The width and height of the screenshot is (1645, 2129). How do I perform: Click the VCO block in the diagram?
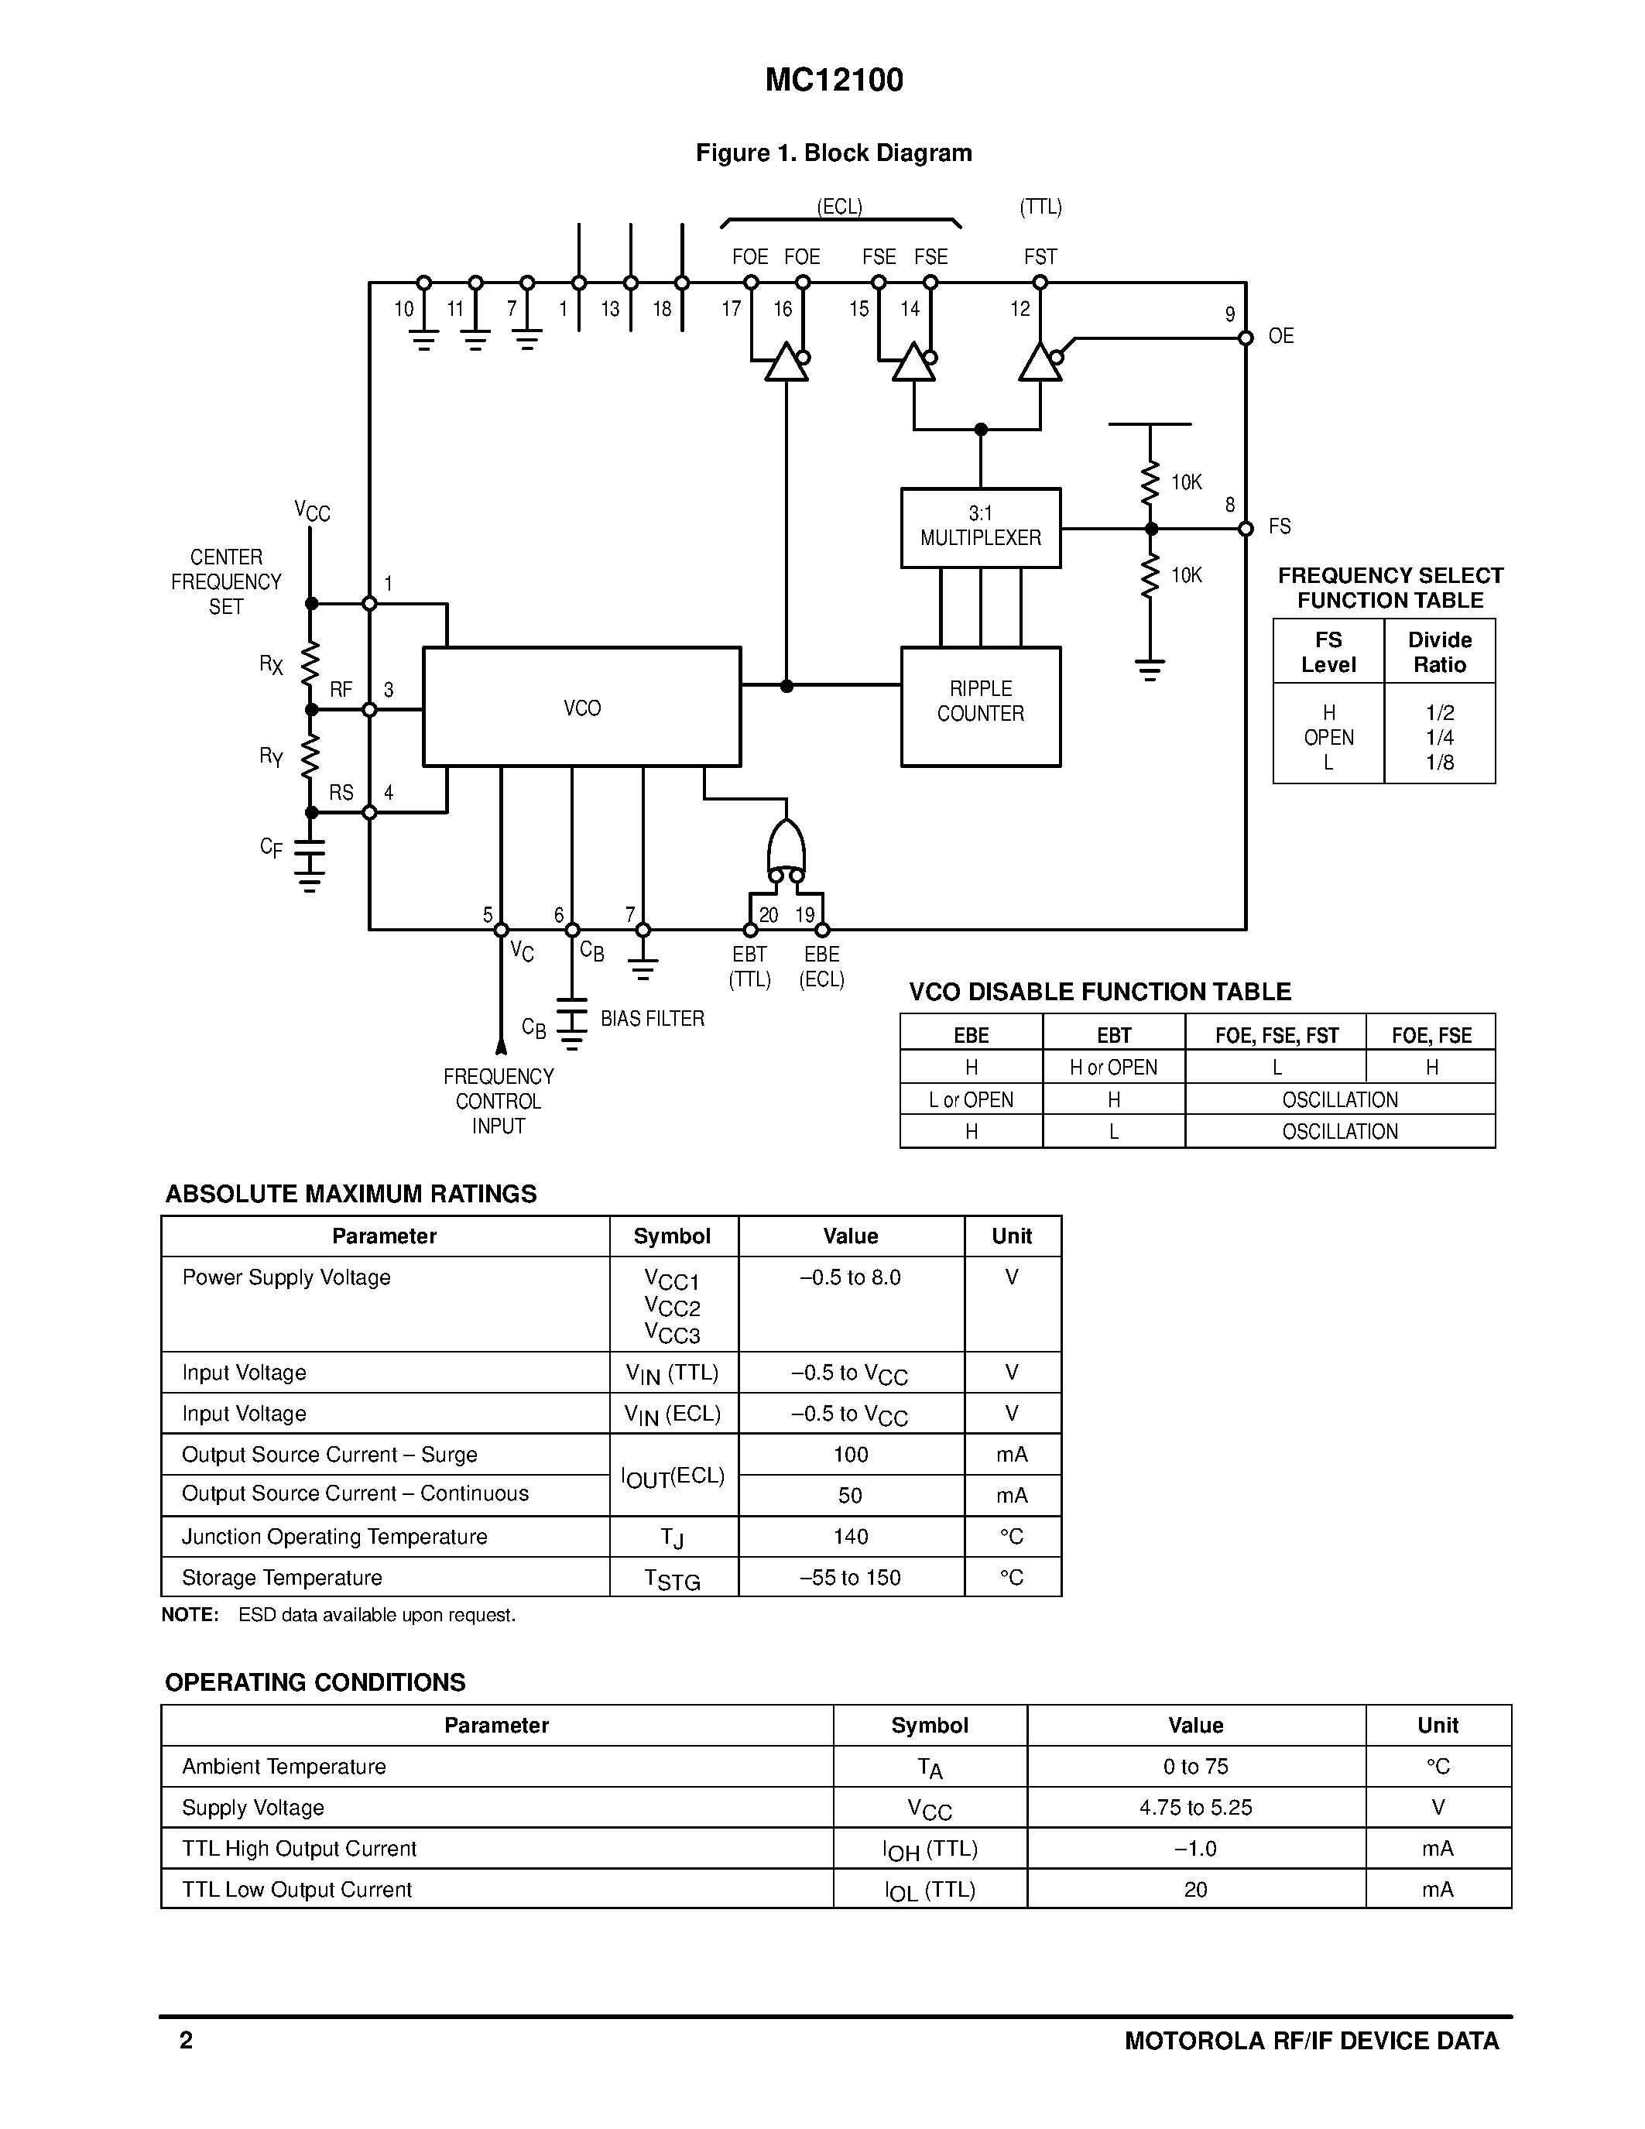tap(582, 708)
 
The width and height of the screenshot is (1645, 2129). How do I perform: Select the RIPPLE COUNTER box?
tap(980, 702)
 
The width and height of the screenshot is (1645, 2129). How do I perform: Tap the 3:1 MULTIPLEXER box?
tap(980, 526)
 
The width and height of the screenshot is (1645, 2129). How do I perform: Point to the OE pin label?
tap(1280, 336)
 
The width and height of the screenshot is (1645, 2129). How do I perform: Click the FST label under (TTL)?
tap(1040, 257)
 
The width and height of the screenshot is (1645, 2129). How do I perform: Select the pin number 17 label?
tap(731, 309)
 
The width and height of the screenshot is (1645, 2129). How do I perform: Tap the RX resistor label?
tap(271, 665)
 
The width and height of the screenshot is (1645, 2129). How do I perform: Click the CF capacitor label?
tap(271, 847)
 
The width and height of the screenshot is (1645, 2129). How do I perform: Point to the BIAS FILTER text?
tap(652, 1019)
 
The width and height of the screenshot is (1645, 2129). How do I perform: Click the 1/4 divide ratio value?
tap(1439, 738)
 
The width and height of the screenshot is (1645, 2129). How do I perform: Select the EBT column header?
tap(1114, 1035)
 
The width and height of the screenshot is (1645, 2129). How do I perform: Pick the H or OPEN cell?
tap(1114, 1068)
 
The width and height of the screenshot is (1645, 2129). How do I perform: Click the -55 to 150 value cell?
tap(850, 1577)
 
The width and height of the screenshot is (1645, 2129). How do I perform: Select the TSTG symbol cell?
tap(673, 1579)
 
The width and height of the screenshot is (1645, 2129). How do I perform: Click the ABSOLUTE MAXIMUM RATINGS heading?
tap(351, 1194)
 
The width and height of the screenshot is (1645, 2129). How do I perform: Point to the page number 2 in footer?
tap(186, 2040)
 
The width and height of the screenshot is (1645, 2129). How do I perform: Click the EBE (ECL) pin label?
tap(821, 966)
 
